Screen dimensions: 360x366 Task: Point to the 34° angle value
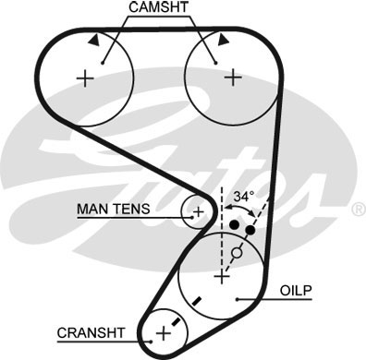242,197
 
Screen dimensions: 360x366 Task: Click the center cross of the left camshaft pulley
86,78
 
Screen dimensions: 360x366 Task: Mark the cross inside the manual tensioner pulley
197,211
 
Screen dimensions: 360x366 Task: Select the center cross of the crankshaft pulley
164,330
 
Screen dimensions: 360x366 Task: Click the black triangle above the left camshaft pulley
95,41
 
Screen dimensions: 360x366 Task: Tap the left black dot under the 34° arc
235,225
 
